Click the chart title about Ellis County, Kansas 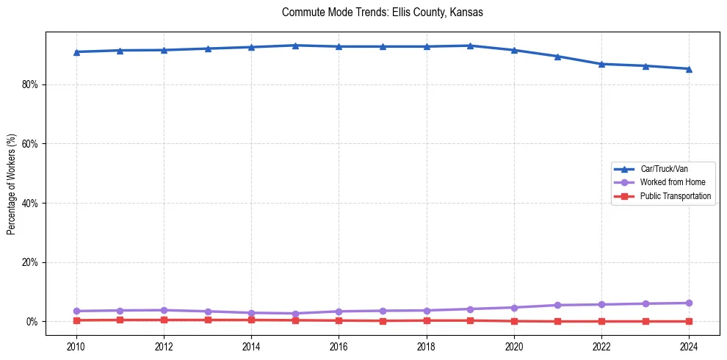(x=382, y=12)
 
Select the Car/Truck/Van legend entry (x=664, y=169)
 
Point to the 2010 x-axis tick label (x=76, y=346)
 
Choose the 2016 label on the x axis (x=339, y=346)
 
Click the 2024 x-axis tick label (x=689, y=346)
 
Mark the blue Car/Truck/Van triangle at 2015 (x=295, y=46)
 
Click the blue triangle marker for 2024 (x=689, y=69)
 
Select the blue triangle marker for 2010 (x=76, y=52)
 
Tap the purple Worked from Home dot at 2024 (x=689, y=303)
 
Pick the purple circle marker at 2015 (x=295, y=314)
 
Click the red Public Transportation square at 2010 (x=76, y=320)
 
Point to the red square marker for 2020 (x=514, y=321)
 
